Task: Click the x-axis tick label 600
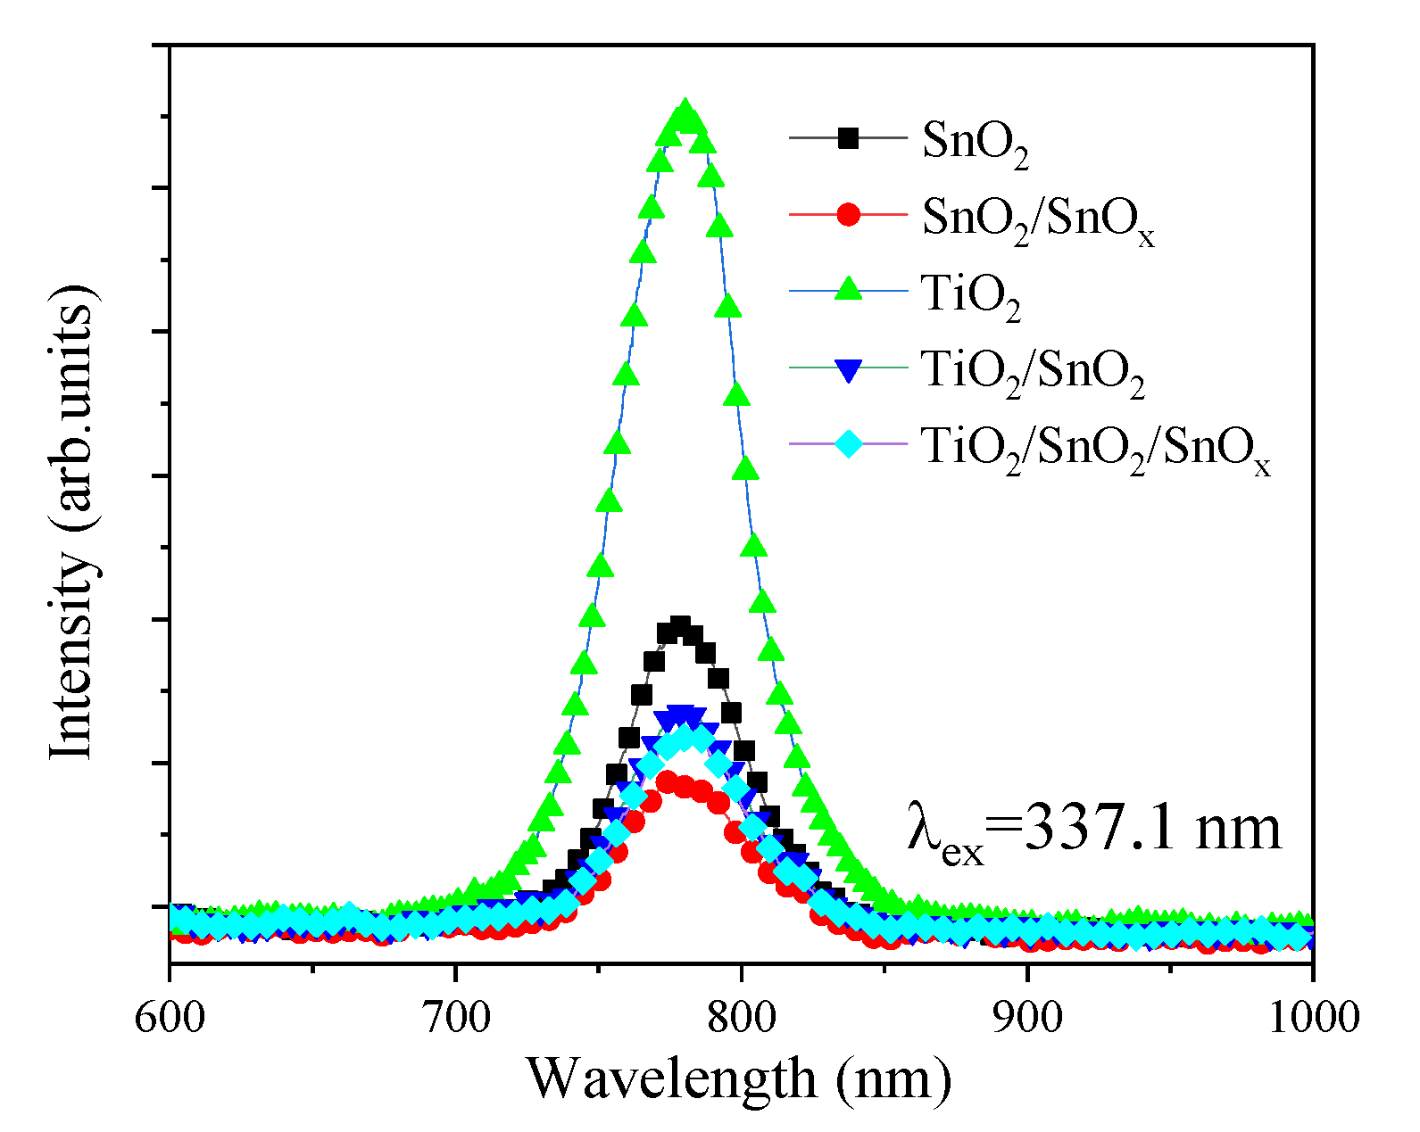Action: coord(170,1017)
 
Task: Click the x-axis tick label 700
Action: coord(455,1017)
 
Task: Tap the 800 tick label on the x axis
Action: coord(741,1017)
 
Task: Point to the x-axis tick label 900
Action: coord(1027,1017)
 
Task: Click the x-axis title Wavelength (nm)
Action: coord(739,1078)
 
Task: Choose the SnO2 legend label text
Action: coord(975,143)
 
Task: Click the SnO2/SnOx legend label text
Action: coord(1037,219)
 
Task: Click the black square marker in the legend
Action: coord(848,138)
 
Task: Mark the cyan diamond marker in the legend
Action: coord(848,442)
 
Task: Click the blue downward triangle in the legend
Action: coord(848,368)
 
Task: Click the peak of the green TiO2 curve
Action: coord(685,114)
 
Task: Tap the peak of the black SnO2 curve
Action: coord(680,624)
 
